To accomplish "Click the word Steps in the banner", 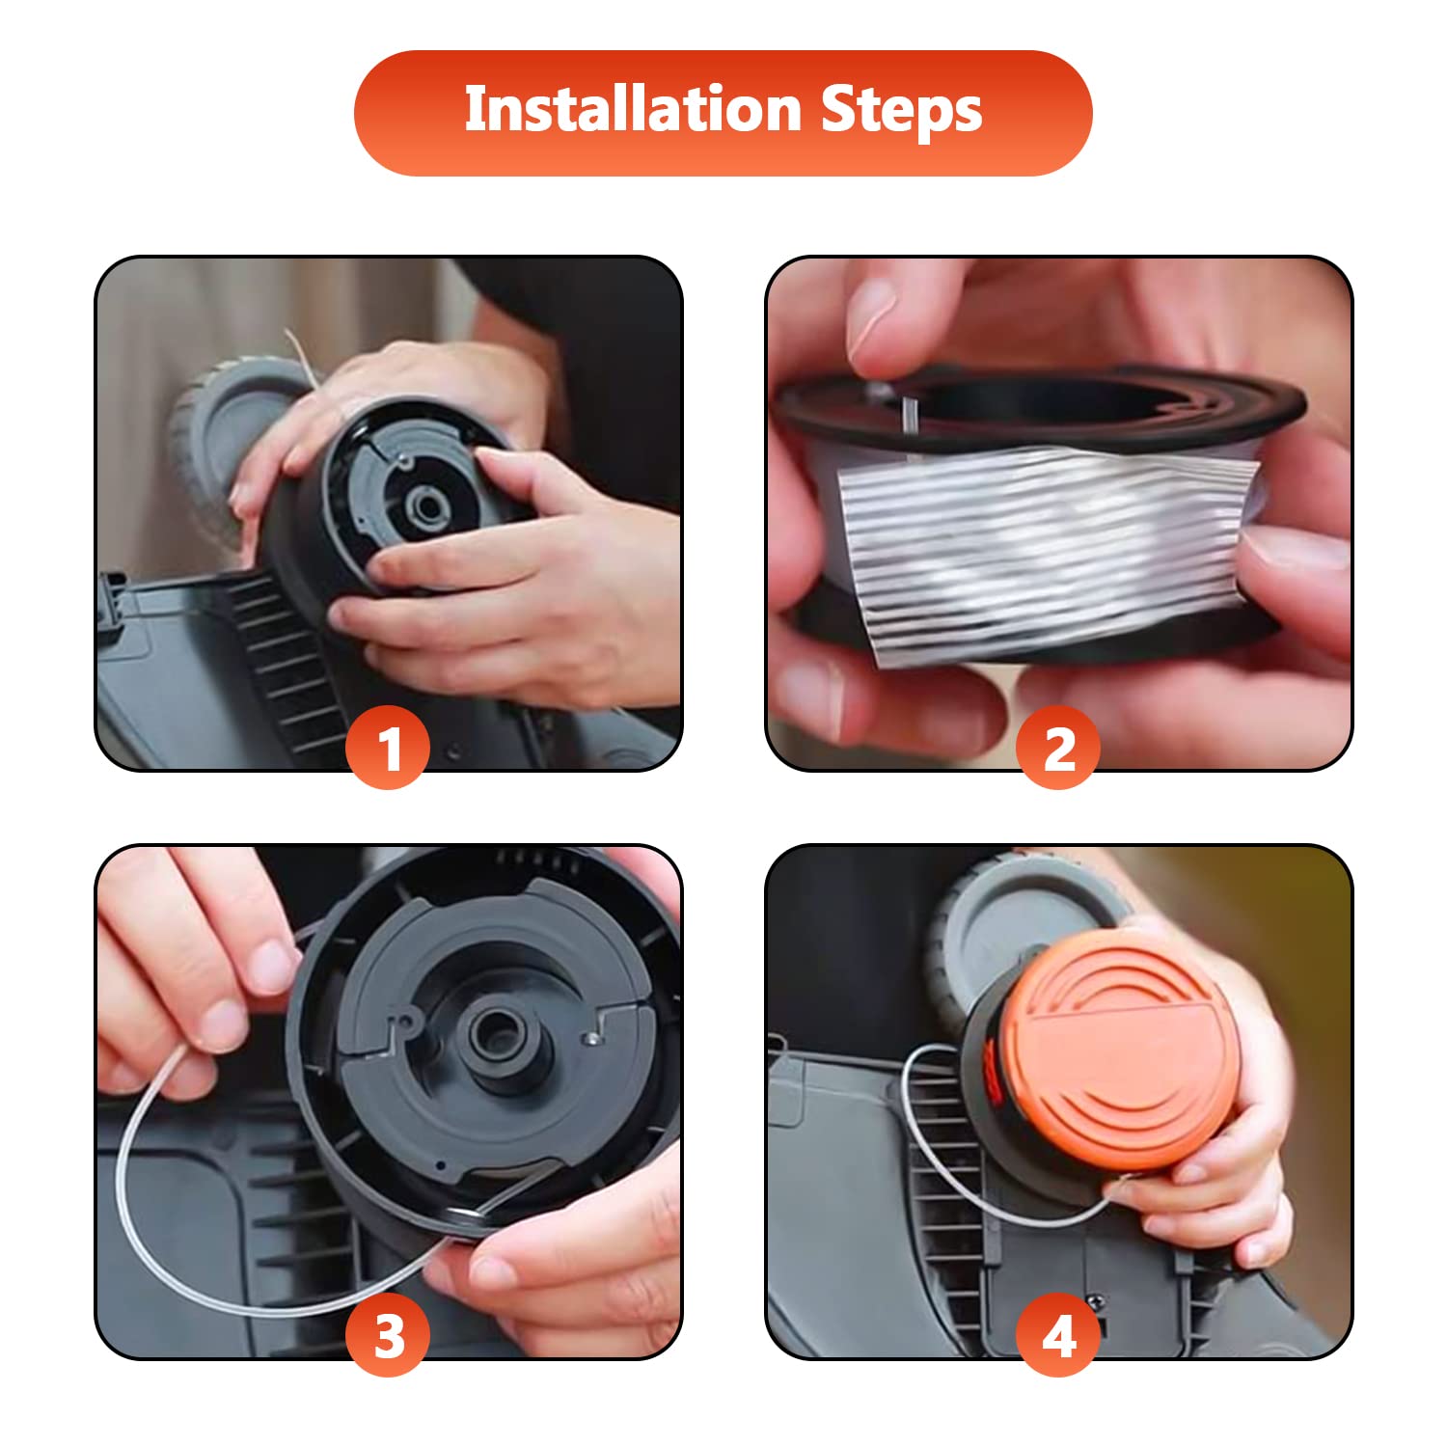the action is coord(902,111).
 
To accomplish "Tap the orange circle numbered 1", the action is coord(388,748).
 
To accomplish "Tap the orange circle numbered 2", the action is coord(1059,748).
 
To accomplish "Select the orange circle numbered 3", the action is coord(388,1336).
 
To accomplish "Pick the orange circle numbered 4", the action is coord(1059,1336).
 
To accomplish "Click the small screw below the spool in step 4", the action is coord(1097,1303).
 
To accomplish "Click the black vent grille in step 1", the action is coord(280,656).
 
